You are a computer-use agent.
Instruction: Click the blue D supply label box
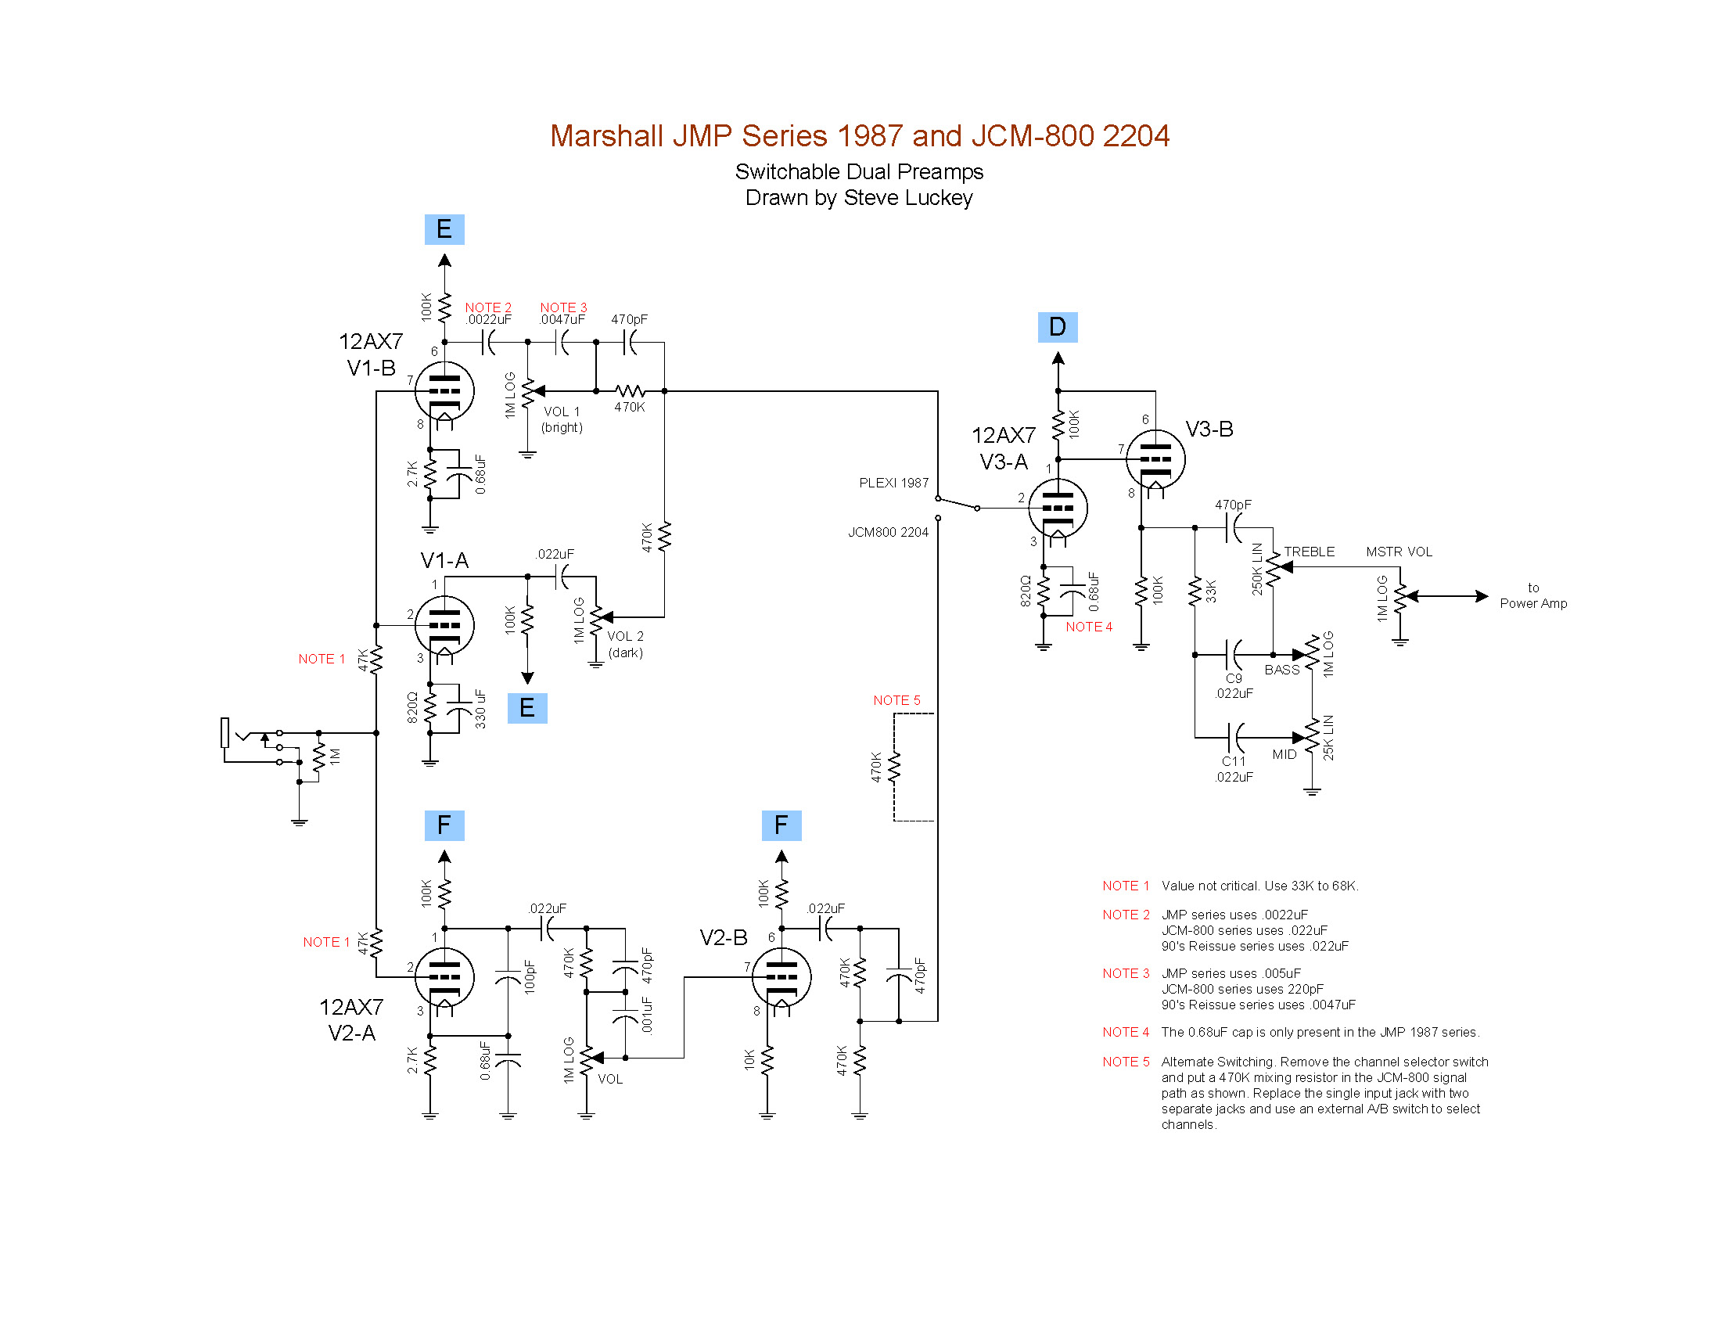tap(1057, 327)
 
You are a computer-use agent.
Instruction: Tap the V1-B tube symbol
tap(444, 391)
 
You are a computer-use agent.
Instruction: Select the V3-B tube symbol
tap(1155, 459)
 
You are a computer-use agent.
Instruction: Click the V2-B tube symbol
tap(781, 977)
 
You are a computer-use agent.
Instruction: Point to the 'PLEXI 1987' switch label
tap(893, 483)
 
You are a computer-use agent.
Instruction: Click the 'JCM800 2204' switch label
tap(888, 533)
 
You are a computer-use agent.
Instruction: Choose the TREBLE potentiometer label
tap(1309, 552)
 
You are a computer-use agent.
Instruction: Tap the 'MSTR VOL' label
tap(1399, 552)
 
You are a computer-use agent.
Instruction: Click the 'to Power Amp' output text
tap(1532, 595)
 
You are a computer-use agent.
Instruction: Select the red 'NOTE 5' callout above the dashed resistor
tap(896, 700)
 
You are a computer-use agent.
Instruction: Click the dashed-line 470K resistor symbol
tap(893, 767)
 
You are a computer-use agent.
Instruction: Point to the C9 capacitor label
tap(1233, 678)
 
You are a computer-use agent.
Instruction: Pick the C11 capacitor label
tap(1233, 761)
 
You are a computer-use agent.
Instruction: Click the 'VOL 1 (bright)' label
tap(562, 420)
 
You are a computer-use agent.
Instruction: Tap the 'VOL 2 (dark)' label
tap(626, 645)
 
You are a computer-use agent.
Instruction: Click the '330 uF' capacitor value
tap(480, 709)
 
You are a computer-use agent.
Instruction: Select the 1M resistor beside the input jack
tap(319, 757)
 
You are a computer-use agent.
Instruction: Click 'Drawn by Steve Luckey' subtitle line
tap(859, 198)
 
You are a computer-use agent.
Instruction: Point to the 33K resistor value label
tap(1211, 591)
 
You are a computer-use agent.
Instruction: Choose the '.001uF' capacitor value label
tap(647, 1015)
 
